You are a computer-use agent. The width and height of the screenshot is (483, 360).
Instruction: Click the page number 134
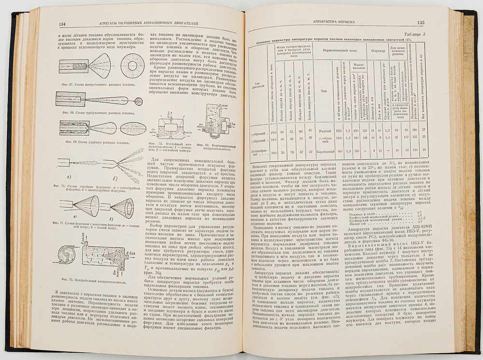[x=61, y=24]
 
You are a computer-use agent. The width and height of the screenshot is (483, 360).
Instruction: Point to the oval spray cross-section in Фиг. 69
[x=133, y=128]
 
